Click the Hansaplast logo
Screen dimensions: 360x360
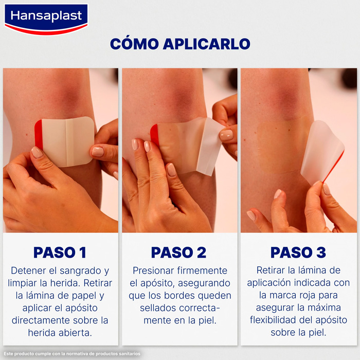click(x=46, y=20)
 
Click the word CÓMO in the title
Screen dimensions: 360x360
click(x=135, y=44)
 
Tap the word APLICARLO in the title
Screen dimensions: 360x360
click(x=207, y=44)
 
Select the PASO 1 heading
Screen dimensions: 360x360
click(x=60, y=253)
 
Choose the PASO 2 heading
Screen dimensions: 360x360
click(x=178, y=253)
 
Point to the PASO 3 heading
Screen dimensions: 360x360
click(x=298, y=253)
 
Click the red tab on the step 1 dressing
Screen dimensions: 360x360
click(x=39, y=134)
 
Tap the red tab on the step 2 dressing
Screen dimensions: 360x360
click(x=154, y=135)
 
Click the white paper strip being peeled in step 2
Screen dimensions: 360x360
click(x=210, y=147)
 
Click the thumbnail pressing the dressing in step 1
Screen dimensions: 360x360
click(x=37, y=152)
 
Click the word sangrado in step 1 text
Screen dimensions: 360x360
click(x=80, y=271)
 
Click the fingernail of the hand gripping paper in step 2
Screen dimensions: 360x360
click(x=226, y=135)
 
